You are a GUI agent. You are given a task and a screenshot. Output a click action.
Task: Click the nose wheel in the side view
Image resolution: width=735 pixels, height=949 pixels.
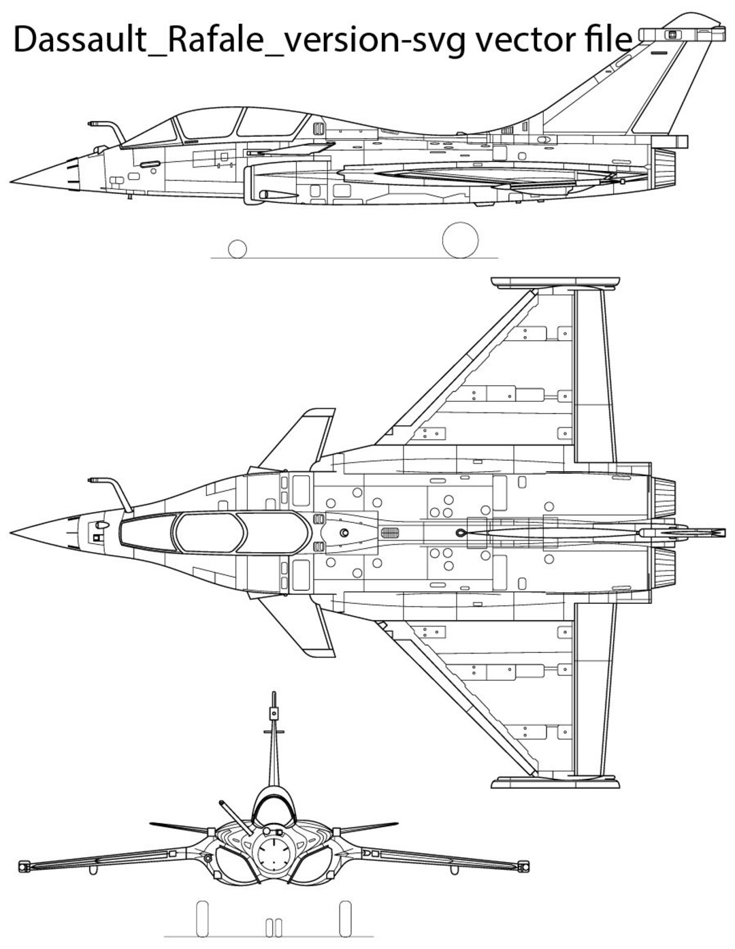[237, 249]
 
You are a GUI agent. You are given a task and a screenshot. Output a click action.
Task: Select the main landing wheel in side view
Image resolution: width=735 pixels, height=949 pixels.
[461, 240]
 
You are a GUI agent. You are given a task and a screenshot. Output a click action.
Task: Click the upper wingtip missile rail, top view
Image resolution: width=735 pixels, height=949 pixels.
[555, 282]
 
